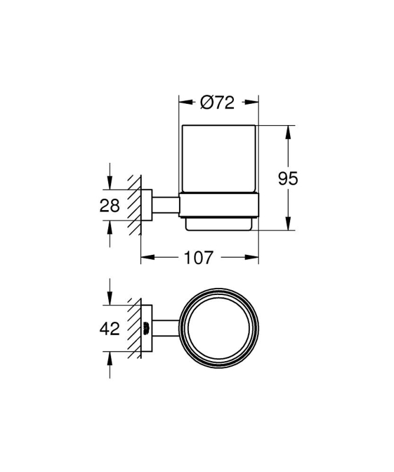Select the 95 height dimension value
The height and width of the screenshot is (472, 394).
pos(288,178)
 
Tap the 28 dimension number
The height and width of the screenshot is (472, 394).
pos(109,205)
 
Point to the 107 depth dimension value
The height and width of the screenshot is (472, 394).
pos(200,257)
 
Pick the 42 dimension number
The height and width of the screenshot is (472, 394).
pos(109,329)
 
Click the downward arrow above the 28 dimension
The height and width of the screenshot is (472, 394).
pos(109,183)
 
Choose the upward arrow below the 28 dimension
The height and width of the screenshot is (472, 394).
pos(109,227)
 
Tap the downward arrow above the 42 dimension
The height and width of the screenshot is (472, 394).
pos(109,300)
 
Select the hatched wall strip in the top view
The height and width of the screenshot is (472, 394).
pos(134,329)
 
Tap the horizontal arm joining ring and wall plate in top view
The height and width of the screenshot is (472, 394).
pos(166,329)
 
